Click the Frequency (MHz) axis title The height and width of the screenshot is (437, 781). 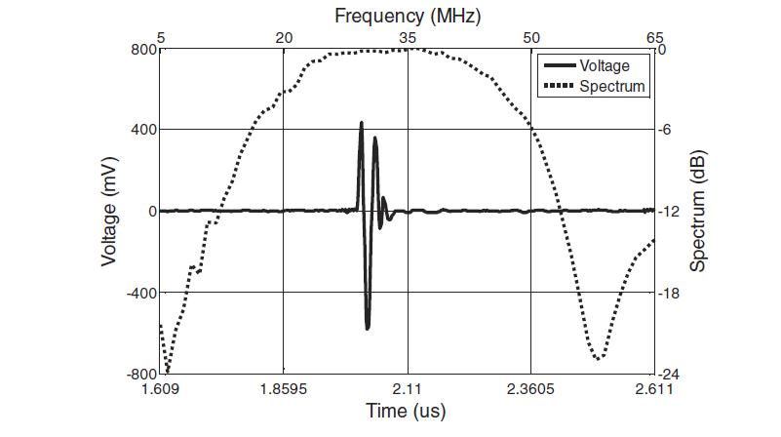click(408, 16)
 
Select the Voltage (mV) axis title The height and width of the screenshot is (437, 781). click(109, 211)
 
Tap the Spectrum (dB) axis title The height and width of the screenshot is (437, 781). click(698, 211)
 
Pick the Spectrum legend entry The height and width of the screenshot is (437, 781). click(611, 87)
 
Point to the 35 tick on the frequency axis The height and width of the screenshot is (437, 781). click(408, 38)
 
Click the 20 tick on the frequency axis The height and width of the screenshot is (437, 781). click(284, 38)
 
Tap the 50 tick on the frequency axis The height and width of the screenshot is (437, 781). click(531, 38)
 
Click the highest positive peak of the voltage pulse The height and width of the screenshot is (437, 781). click(361, 123)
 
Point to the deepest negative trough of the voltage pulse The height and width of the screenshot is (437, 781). click(368, 329)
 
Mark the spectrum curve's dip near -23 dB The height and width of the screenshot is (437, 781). click(598, 358)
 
